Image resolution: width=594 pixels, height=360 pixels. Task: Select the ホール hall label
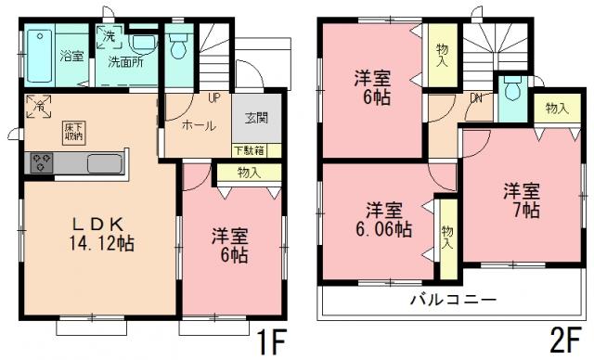point(200,125)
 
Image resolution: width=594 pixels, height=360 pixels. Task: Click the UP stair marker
point(213,97)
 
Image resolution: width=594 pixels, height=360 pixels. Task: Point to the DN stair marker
point(476,97)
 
